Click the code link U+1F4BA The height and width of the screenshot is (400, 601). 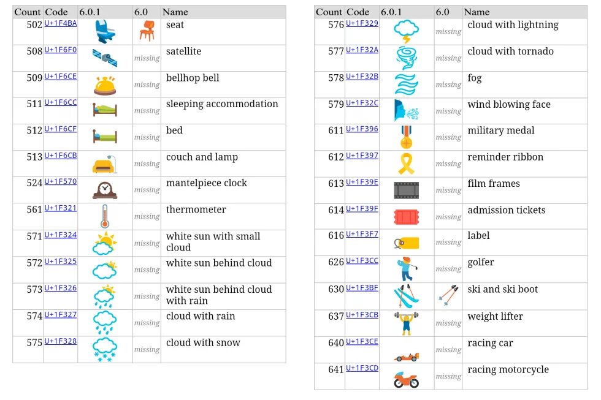pyautogui.click(x=61, y=23)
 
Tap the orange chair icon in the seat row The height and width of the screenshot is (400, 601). pyautogui.click(x=147, y=31)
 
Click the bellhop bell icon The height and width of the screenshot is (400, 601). pyautogui.click(x=105, y=85)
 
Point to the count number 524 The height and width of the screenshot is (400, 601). pyautogui.click(x=34, y=183)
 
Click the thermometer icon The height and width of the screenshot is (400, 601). pyautogui.click(x=105, y=216)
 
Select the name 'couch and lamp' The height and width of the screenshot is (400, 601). pyautogui.click(x=202, y=157)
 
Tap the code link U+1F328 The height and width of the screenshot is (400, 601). pyautogui.click(x=61, y=341)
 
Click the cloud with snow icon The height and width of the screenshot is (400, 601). pyautogui.click(x=105, y=349)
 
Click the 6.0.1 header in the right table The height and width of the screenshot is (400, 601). pyautogui.click(x=391, y=12)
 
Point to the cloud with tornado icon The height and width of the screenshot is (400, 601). pyautogui.click(x=406, y=58)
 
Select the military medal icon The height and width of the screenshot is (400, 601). pyautogui.click(x=406, y=137)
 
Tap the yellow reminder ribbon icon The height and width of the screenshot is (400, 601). pyautogui.click(x=406, y=164)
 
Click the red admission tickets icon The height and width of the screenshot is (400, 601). pyautogui.click(x=406, y=217)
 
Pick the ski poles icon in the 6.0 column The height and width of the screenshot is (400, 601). pyautogui.click(x=448, y=296)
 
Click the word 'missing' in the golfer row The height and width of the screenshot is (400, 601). pyautogui.click(x=448, y=270)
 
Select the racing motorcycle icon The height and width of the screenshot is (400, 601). pyautogui.click(x=406, y=379)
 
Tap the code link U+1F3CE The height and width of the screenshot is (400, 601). pyautogui.click(x=362, y=341)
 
